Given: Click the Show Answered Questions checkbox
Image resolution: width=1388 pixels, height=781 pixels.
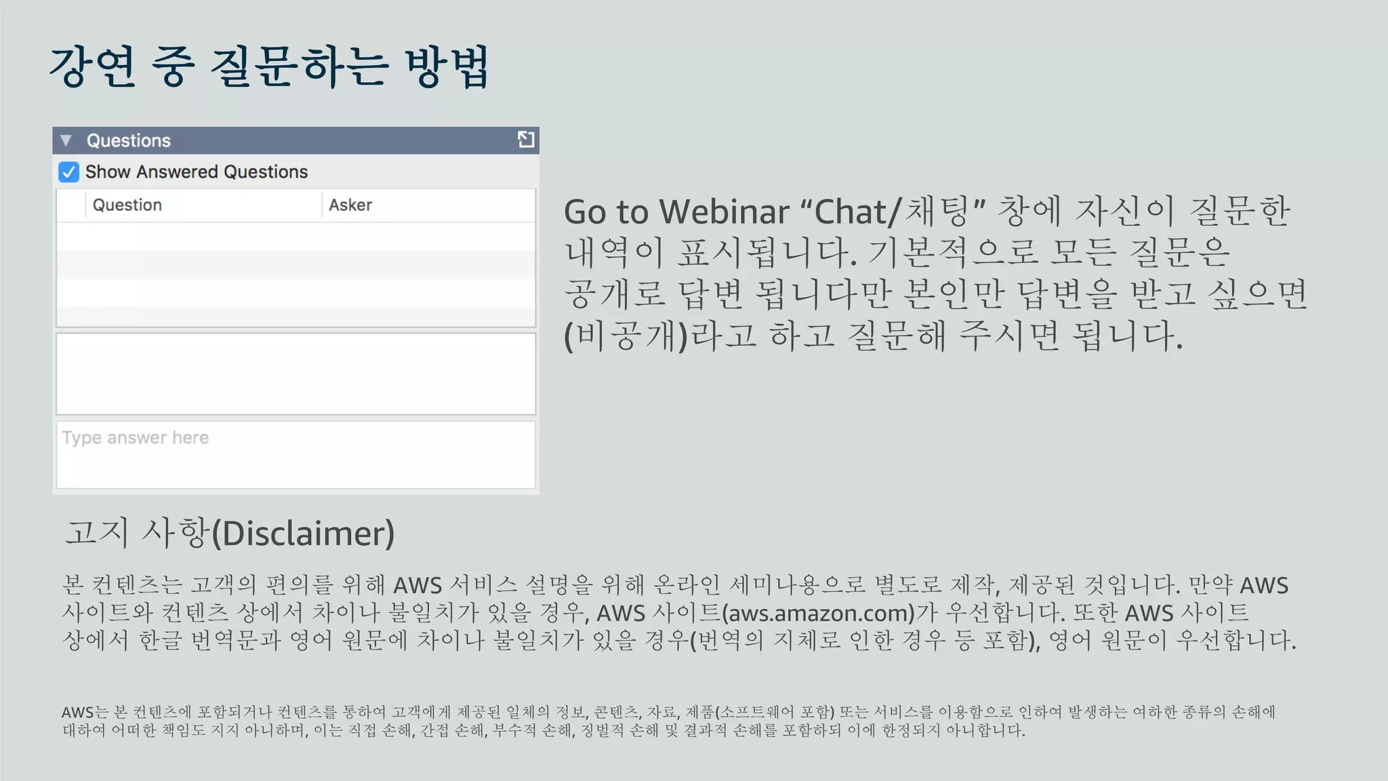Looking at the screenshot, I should [x=68, y=172].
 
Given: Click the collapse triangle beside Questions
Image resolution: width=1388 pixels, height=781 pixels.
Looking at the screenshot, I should [x=66, y=140].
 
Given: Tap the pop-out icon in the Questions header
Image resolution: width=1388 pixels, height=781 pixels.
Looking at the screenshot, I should [x=526, y=140].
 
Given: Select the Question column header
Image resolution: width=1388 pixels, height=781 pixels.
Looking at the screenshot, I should [x=127, y=205].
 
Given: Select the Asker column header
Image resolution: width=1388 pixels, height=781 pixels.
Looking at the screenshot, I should [x=350, y=205].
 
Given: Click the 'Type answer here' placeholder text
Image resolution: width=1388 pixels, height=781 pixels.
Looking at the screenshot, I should [x=136, y=437].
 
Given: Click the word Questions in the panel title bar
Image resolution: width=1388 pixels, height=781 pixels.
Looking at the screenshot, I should [x=129, y=140].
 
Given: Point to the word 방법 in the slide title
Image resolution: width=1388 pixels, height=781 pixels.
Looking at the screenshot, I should [x=447, y=67].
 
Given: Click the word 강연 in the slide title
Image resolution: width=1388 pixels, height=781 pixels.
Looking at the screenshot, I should [x=93, y=67].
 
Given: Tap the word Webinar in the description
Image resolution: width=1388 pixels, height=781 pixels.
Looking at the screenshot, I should [x=724, y=212].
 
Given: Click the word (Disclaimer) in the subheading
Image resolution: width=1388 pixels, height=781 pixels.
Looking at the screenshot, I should [x=303, y=534].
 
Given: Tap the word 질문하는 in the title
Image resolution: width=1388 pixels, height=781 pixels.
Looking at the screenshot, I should [x=299, y=67].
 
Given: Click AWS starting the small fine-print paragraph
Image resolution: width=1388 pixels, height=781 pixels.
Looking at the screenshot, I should [x=77, y=713].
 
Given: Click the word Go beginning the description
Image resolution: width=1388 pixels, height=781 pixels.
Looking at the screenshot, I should [x=586, y=212].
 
